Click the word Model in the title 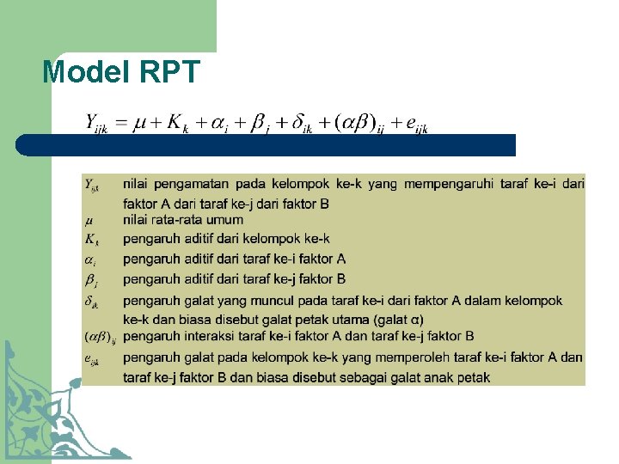(x=81, y=71)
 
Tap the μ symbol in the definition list (x=89, y=221)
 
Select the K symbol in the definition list (x=90, y=239)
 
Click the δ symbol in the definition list (x=90, y=301)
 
